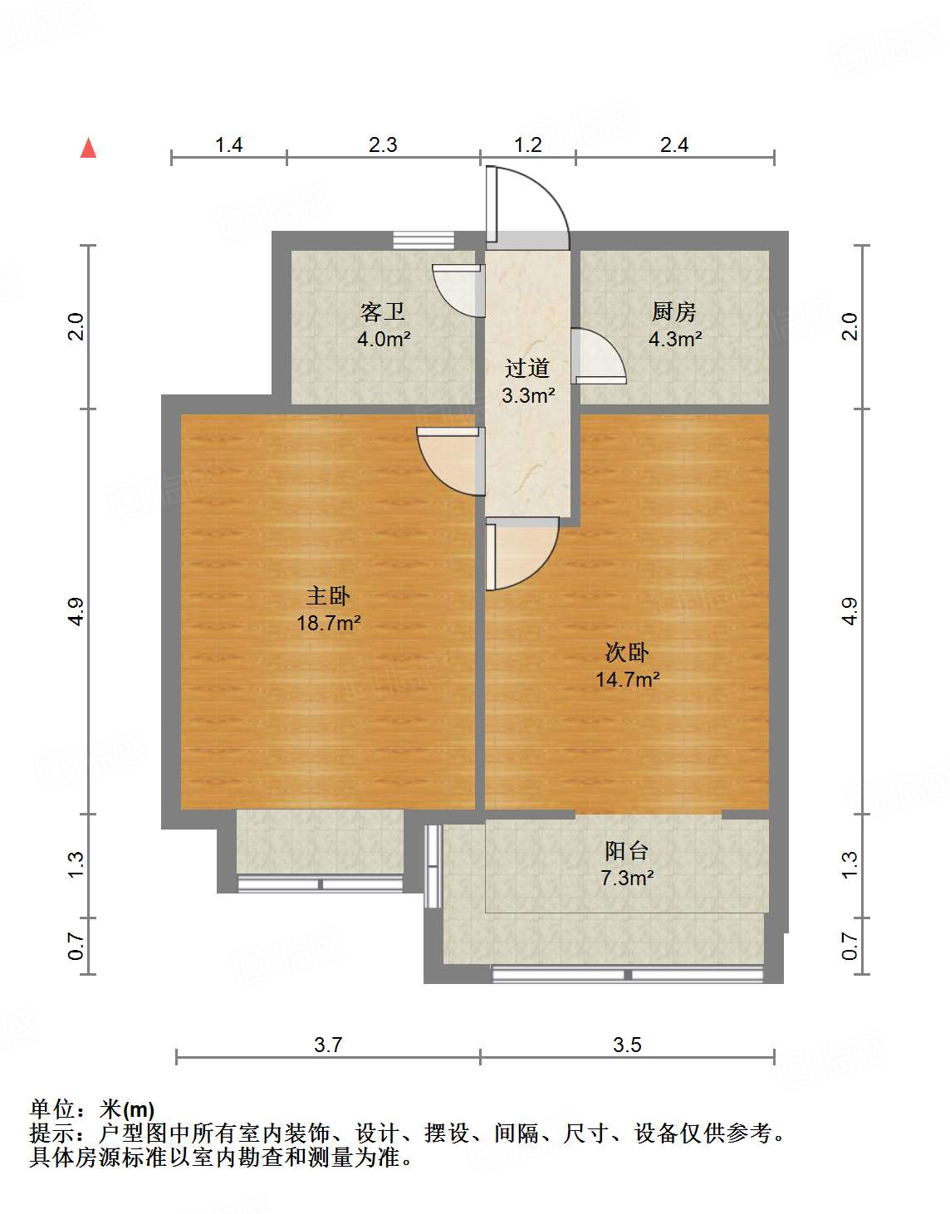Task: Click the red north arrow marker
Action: pos(88,149)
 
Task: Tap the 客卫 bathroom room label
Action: pos(383,312)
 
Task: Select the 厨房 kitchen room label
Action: pos(673,312)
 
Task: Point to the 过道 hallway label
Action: pos(527,368)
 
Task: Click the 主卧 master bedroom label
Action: pos(328,595)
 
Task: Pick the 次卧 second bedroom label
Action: pos(627,652)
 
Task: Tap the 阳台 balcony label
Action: pos(626,850)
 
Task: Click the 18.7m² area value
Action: pos(329,623)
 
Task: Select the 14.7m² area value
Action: pos(628,679)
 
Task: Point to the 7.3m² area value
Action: pos(627,878)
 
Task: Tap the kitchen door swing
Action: pos(598,355)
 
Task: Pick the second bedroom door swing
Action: pos(520,553)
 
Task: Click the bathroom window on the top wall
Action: pos(424,240)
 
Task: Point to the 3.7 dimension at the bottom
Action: pos(328,1045)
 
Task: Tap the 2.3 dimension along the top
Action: pos(383,144)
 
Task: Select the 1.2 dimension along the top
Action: pos(528,144)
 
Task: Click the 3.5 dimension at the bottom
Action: pos(627,1045)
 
